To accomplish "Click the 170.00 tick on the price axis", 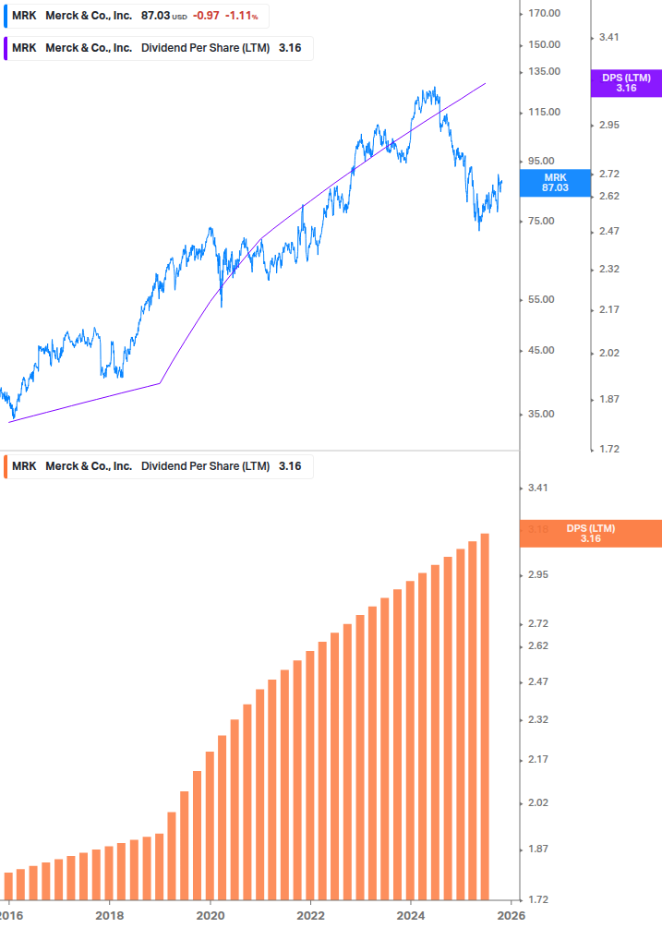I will click(544, 13).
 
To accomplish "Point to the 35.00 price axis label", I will click(541, 414).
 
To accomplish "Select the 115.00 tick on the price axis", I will click(544, 112).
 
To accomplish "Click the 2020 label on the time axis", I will click(211, 914).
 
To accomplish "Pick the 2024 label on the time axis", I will click(411, 914).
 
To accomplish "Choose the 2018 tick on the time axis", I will click(109, 914).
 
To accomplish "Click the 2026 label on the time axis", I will click(511, 914).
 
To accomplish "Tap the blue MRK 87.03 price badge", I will click(554, 182).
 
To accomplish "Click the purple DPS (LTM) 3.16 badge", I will click(626, 83).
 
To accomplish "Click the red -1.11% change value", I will click(242, 17).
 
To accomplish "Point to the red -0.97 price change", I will click(206, 17).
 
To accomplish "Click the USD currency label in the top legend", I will click(179, 18).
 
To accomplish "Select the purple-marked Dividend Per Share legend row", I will click(157, 48).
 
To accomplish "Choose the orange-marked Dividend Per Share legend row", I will click(157, 466).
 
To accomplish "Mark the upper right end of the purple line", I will click(485, 83).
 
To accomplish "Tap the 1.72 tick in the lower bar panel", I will click(538, 898).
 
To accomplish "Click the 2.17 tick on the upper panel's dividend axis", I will click(608, 309).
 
